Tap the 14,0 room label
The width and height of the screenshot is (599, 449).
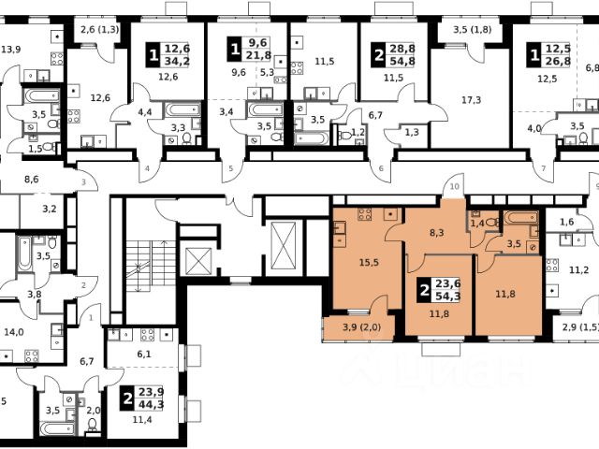click(x=13, y=330)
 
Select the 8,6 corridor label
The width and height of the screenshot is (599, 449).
click(x=31, y=178)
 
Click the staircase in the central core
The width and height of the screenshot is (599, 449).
click(x=142, y=266)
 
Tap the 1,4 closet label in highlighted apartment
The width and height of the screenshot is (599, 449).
click(x=478, y=224)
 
